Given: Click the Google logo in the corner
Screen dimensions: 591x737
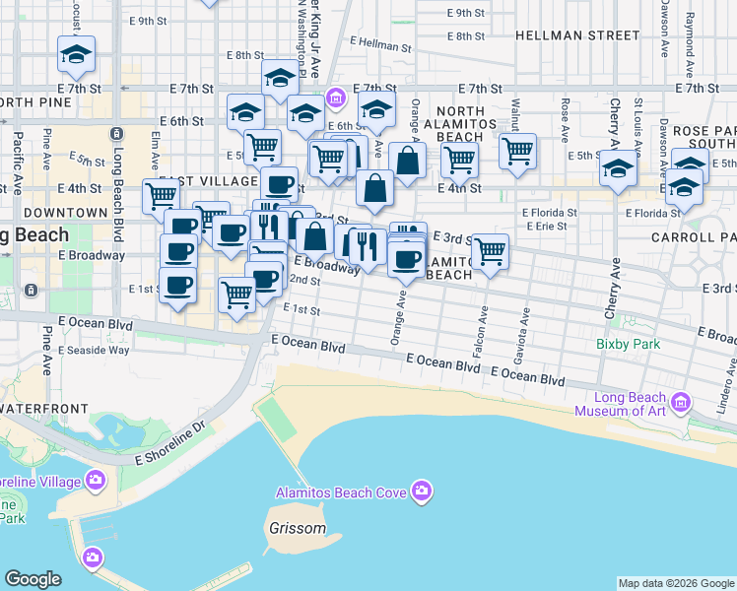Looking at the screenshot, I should [33, 579].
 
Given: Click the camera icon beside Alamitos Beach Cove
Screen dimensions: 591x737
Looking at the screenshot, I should [422, 491].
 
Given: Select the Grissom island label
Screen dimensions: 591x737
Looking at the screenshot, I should [297, 528].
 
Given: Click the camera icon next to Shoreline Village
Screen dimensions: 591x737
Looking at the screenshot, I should [95, 481].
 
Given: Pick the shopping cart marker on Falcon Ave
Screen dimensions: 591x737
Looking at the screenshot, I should [490, 251].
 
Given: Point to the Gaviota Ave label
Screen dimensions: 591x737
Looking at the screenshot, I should [525, 330].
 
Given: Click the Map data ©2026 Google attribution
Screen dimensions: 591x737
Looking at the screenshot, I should [676, 583].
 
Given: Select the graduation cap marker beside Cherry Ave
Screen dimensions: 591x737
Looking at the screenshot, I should [619, 169].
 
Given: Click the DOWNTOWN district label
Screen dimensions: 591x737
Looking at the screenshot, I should [65, 213].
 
